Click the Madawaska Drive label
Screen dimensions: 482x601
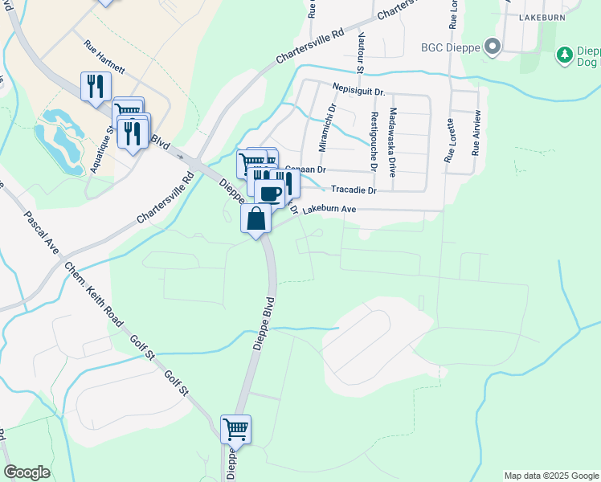pyautogui.click(x=393, y=133)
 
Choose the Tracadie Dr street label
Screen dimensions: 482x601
pyautogui.click(x=354, y=190)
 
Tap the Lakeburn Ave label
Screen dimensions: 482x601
pyautogui.click(x=329, y=209)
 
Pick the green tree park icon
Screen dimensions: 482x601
pyautogui.click(x=565, y=55)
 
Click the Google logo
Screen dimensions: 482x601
pyautogui.click(x=27, y=472)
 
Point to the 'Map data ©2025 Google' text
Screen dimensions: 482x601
pyautogui.click(x=550, y=476)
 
